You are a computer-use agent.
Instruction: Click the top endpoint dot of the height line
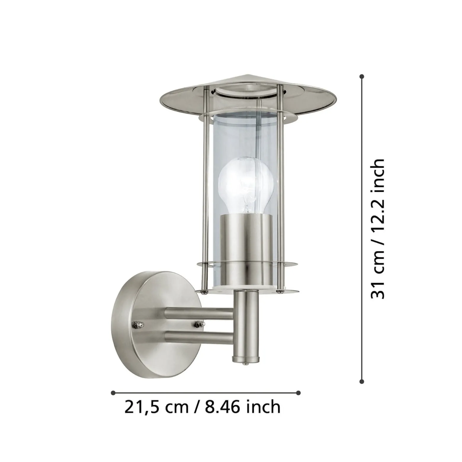[x=362, y=77]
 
